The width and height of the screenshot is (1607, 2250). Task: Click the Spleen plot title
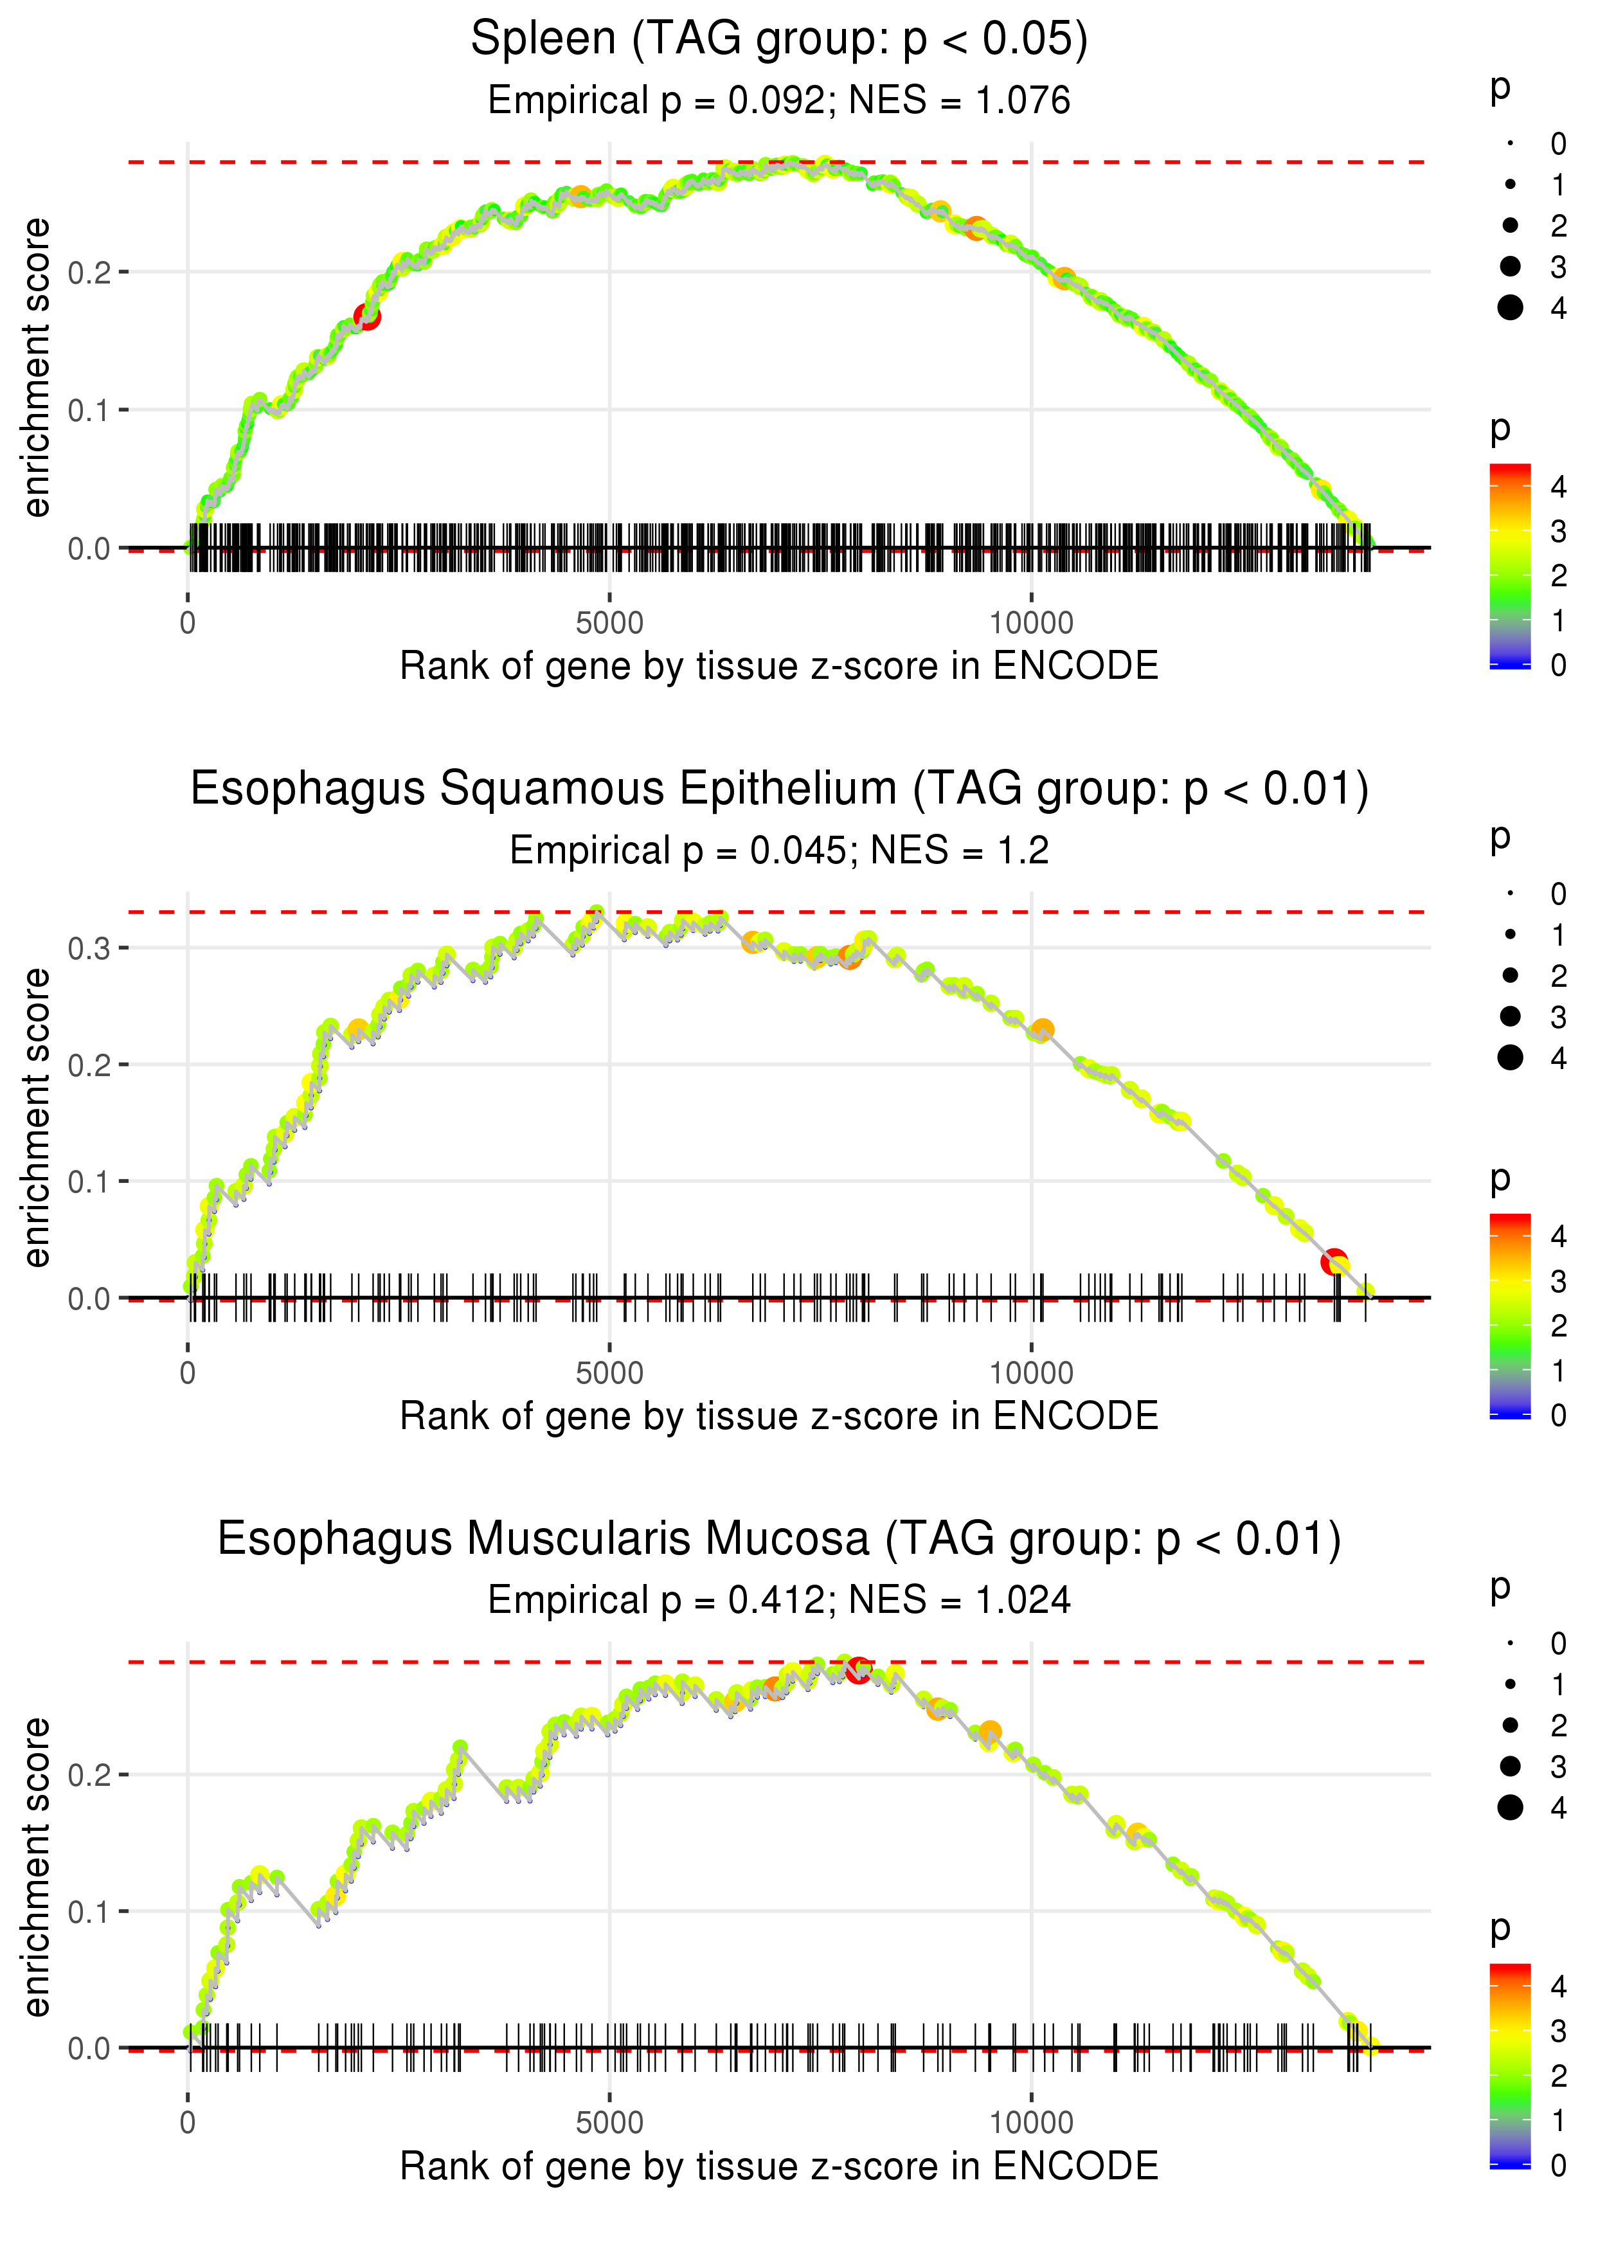(779, 40)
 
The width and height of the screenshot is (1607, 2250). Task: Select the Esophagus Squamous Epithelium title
(779, 789)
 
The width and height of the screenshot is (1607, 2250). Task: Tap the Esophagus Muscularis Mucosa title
(779, 1540)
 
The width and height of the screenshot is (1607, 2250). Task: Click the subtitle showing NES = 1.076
(779, 101)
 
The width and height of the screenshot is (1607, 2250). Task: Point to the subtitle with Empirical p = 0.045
(779, 851)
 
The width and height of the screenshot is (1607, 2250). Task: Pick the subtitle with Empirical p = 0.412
(779, 1601)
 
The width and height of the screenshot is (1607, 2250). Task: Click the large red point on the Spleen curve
(367, 317)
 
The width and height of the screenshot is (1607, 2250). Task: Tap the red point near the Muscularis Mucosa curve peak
(858, 1670)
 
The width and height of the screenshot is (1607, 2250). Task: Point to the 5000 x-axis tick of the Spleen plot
(609, 624)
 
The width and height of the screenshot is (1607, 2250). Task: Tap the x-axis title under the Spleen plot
(779, 666)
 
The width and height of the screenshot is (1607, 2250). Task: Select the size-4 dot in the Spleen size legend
(1510, 308)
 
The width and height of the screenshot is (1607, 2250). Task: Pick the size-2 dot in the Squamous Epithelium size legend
(1510, 976)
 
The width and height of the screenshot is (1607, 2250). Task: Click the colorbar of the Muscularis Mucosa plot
(1510, 2065)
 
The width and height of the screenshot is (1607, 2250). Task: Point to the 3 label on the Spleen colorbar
(1559, 532)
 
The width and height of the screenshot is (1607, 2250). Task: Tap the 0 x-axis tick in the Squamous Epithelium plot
(188, 1373)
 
